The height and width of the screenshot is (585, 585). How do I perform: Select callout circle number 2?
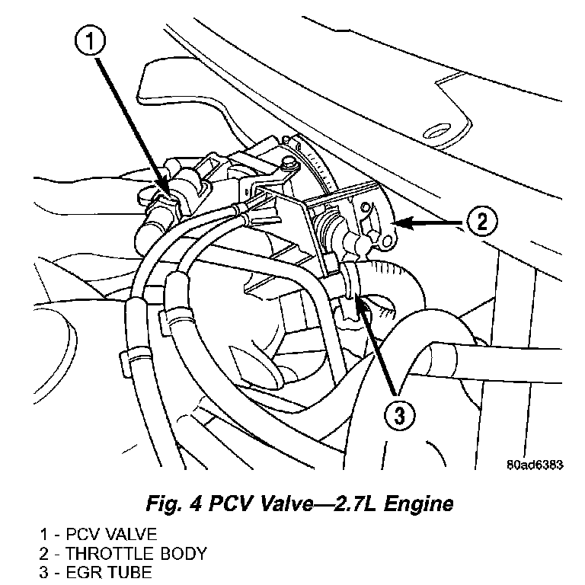click(481, 222)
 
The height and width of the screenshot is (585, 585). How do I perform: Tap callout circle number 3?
click(399, 416)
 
